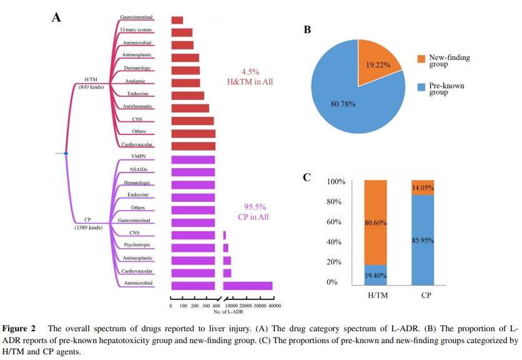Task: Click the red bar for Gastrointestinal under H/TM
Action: pyautogui.click(x=177, y=20)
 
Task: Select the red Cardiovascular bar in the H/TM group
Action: pyautogui.click(x=193, y=146)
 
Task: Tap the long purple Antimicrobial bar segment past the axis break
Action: pyautogui.click(x=248, y=286)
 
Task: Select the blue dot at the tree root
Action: pyautogui.click(x=66, y=153)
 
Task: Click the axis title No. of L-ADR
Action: pyautogui.click(x=229, y=311)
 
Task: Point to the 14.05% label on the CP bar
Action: pyautogui.click(x=431, y=187)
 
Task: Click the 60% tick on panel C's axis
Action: pyautogui.click(x=337, y=222)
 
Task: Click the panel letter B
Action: pyautogui.click(x=307, y=29)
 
